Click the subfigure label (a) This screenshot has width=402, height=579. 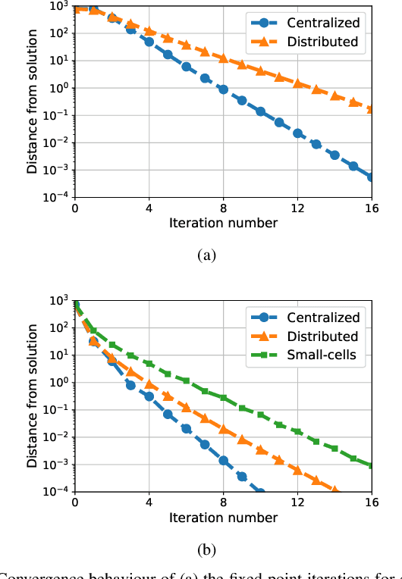[x=206, y=255]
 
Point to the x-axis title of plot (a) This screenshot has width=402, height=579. [x=223, y=223]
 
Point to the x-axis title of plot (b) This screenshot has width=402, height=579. [x=223, y=518]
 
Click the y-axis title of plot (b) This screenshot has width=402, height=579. [x=32, y=395]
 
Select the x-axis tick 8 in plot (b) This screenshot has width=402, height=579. [x=223, y=502]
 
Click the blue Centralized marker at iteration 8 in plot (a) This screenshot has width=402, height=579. [x=223, y=89]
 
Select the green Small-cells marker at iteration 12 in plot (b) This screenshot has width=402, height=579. [x=297, y=432]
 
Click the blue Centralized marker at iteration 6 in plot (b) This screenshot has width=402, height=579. [x=186, y=428]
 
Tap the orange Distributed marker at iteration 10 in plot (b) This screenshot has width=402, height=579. [x=260, y=449]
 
